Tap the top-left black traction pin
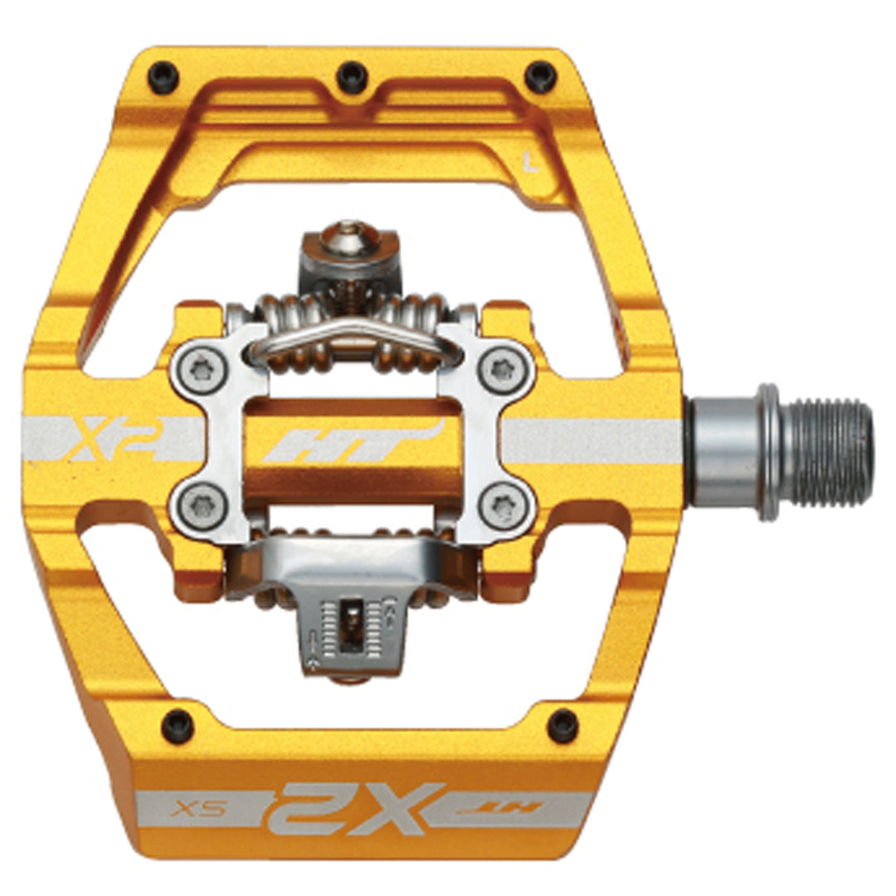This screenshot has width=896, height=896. pos(163,76)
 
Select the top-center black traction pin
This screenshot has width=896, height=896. pos(352,75)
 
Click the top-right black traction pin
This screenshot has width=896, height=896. pos(540,76)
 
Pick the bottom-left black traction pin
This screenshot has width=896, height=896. pos(177,726)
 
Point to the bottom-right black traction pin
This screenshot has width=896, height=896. pos(563,725)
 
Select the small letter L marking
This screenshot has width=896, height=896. pos(532,163)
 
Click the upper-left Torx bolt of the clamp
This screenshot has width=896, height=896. pos(201,368)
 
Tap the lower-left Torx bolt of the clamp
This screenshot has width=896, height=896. pos(201,504)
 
